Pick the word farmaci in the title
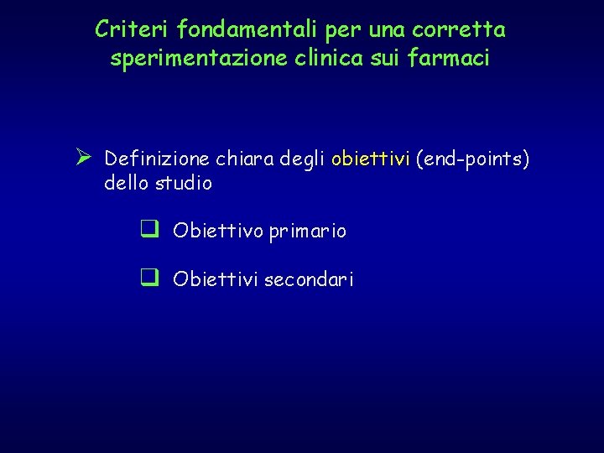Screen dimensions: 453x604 coord(456,60)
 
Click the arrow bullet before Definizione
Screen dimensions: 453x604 coord(82,157)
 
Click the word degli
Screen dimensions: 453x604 coord(308,159)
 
